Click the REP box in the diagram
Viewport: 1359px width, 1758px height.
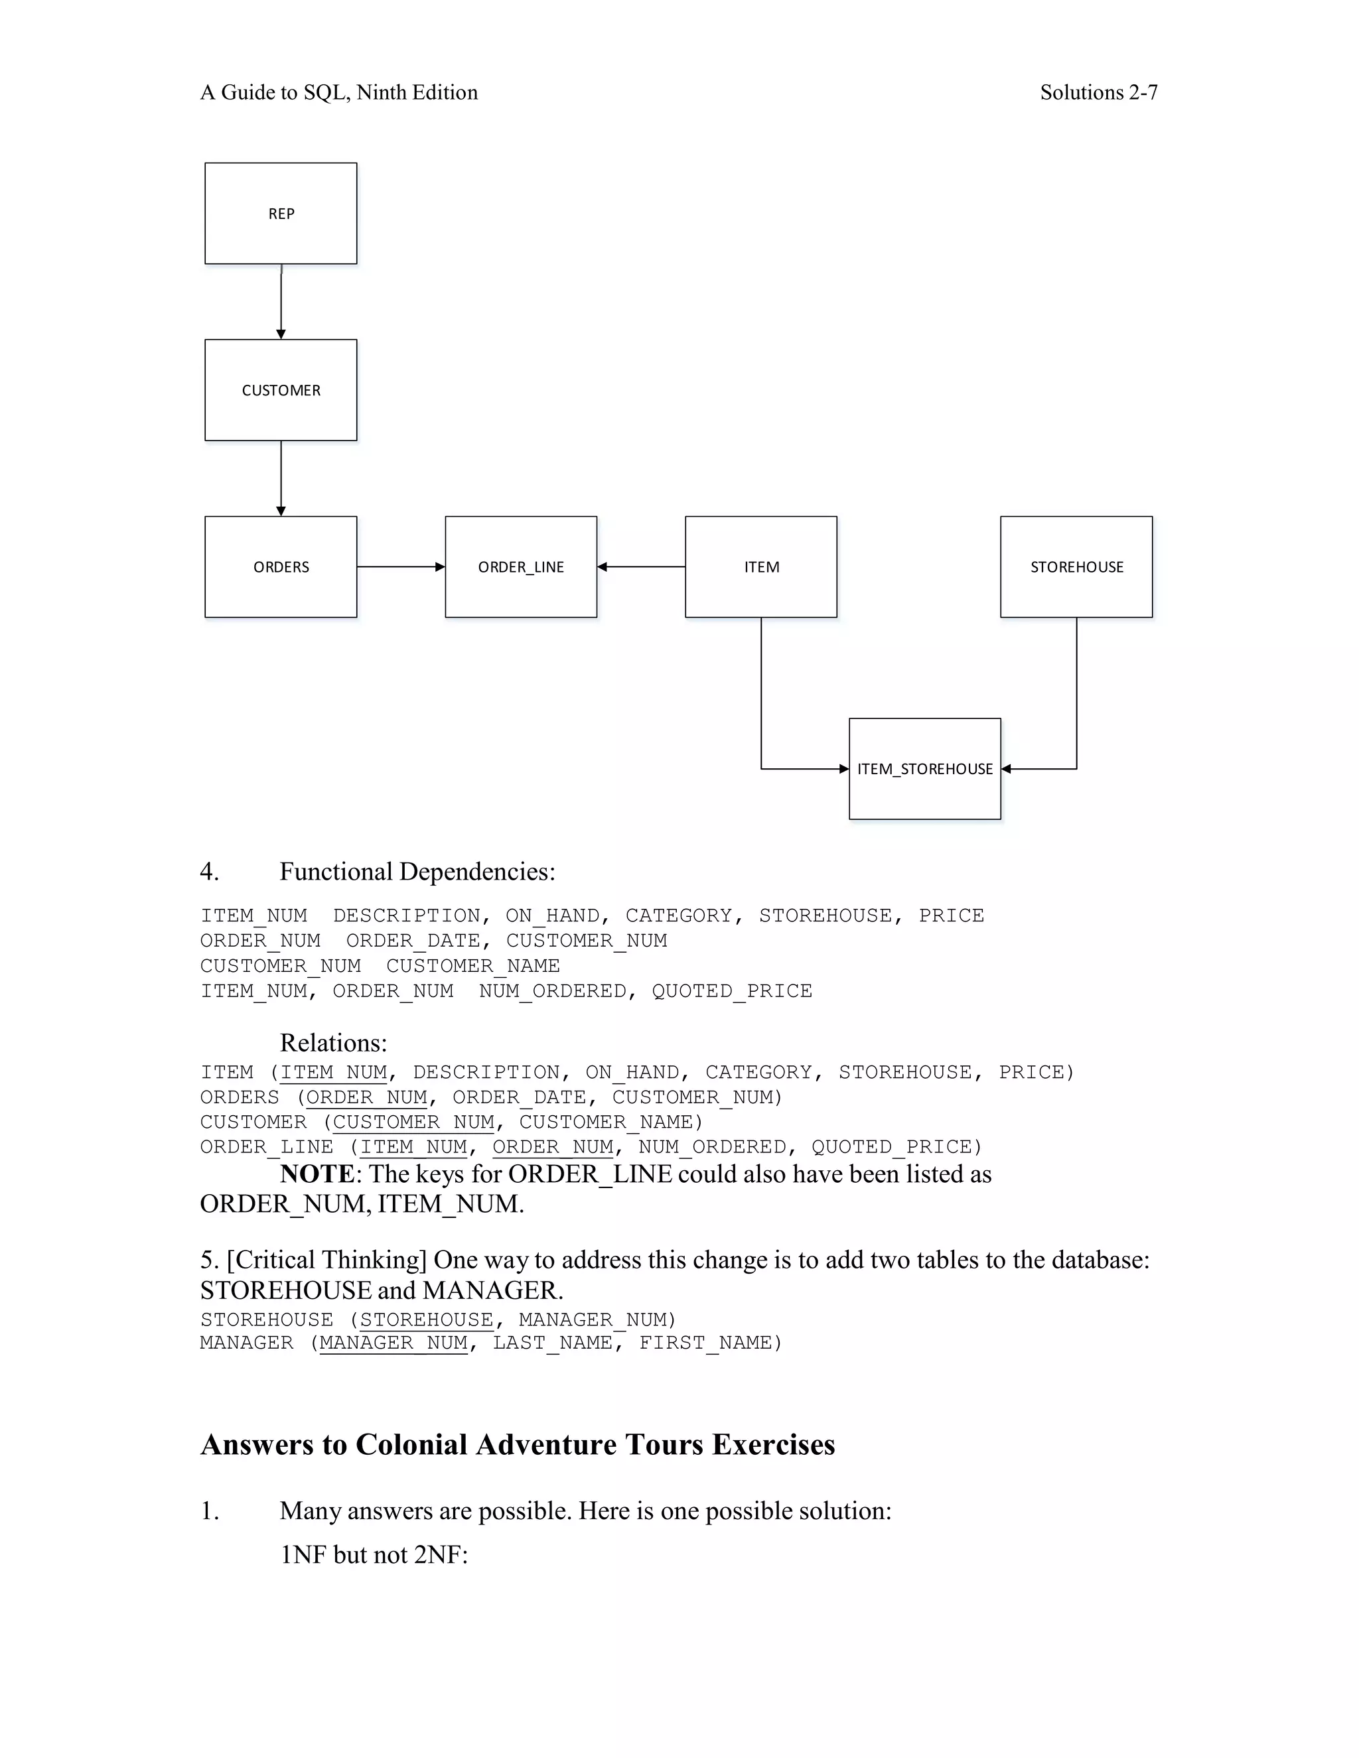[x=281, y=214]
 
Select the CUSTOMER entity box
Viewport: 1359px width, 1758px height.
[x=281, y=390]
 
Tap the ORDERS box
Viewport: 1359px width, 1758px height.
[x=281, y=567]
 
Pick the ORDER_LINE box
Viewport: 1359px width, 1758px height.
[x=521, y=567]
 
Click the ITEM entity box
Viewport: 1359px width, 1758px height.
[x=761, y=567]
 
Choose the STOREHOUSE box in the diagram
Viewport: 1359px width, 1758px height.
[x=1076, y=567]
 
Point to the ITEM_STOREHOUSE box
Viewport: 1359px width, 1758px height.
[x=925, y=769]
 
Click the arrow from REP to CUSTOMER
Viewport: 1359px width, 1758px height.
[x=281, y=302]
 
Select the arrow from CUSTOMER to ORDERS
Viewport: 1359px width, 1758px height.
[x=281, y=478]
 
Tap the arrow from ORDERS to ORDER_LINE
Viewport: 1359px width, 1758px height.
[x=401, y=567]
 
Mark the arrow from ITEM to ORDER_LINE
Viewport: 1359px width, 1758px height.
[x=641, y=567]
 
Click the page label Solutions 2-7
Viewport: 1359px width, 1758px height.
[x=1098, y=93]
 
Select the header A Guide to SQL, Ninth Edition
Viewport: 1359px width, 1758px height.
[x=339, y=93]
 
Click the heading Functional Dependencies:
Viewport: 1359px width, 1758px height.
[x=417, y=872]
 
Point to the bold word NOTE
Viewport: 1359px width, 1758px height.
[x=317, y=1174]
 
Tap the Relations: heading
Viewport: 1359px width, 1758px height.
[x=333, y=1044]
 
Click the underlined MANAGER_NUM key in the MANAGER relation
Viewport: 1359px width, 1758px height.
[x=393, y=1343]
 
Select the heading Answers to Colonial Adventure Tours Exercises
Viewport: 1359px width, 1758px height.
[x=518, y=1445]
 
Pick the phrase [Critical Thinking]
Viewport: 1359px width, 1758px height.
[x=327, y=1260]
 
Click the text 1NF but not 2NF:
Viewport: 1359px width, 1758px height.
[x=374, y=1554]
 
